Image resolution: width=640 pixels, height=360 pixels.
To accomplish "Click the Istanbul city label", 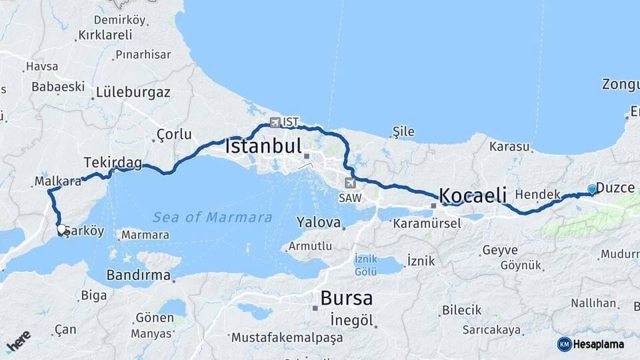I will coord(264,146).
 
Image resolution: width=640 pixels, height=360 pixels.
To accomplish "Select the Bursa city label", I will coord(346,297).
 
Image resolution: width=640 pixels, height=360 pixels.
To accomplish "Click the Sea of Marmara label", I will coord(212,217).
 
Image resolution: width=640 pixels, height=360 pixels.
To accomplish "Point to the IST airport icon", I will coord(275,122).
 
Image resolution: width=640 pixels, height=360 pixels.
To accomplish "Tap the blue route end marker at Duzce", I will coord(591,189).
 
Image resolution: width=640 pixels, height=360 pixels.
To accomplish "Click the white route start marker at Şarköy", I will coord(61,229).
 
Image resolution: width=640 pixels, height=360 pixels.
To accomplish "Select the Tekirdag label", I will coord(113,162).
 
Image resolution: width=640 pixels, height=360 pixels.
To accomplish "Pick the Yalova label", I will coord(319,222).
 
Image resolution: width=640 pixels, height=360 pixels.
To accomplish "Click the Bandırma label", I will coord(138,275).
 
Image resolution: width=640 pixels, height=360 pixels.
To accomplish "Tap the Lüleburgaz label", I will coord(133,93).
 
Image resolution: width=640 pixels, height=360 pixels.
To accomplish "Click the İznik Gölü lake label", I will coord(365,265).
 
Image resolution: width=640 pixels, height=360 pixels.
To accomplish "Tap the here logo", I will coord(19,341).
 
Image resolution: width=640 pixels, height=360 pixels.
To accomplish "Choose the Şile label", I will coord(404,131).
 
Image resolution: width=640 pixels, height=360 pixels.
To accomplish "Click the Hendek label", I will coord(537,195).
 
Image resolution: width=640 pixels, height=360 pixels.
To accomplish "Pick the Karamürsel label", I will coord(427,223).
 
